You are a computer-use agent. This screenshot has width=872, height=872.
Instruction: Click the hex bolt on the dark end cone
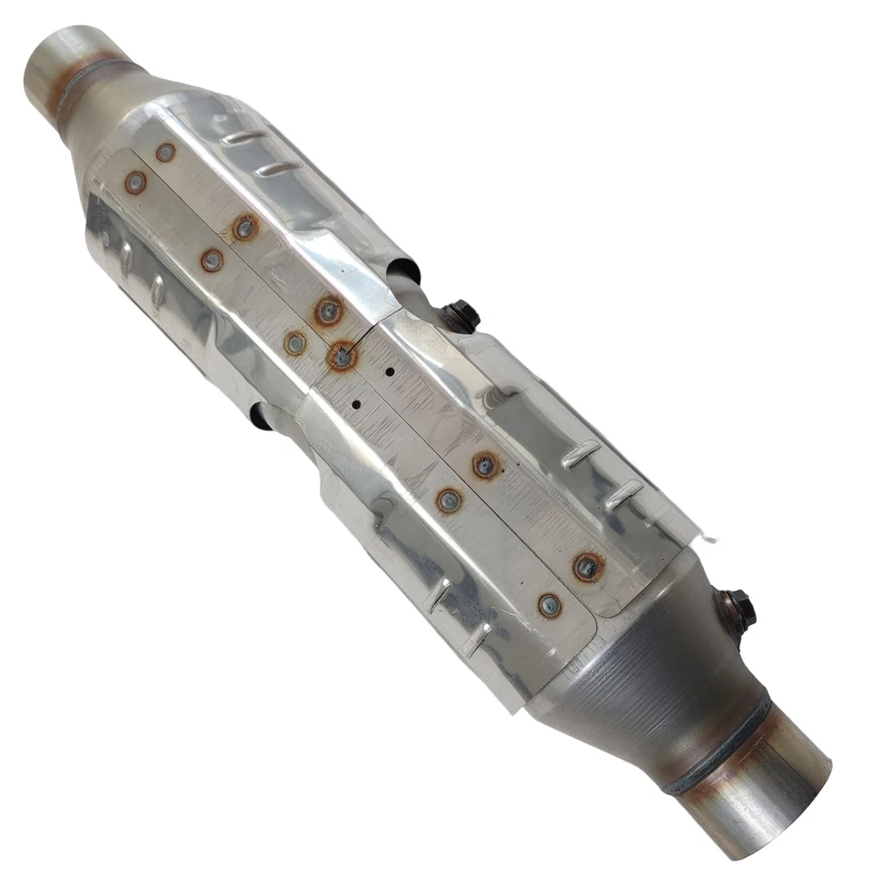click(x=739, y=607)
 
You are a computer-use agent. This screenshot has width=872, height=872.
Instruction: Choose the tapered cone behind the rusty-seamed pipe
click(x=118, y=118)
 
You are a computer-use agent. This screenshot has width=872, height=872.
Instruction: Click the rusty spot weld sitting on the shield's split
click(x=342, y=357)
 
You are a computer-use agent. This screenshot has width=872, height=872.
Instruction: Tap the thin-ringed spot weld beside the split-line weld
click(x=294, y=343)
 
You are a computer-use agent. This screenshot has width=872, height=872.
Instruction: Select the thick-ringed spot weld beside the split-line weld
click(x=329, y=312)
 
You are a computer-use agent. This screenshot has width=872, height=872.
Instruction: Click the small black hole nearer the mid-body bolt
click(x=390, y=372)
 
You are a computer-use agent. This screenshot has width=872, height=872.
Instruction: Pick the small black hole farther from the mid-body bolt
click(x=356, y=404)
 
